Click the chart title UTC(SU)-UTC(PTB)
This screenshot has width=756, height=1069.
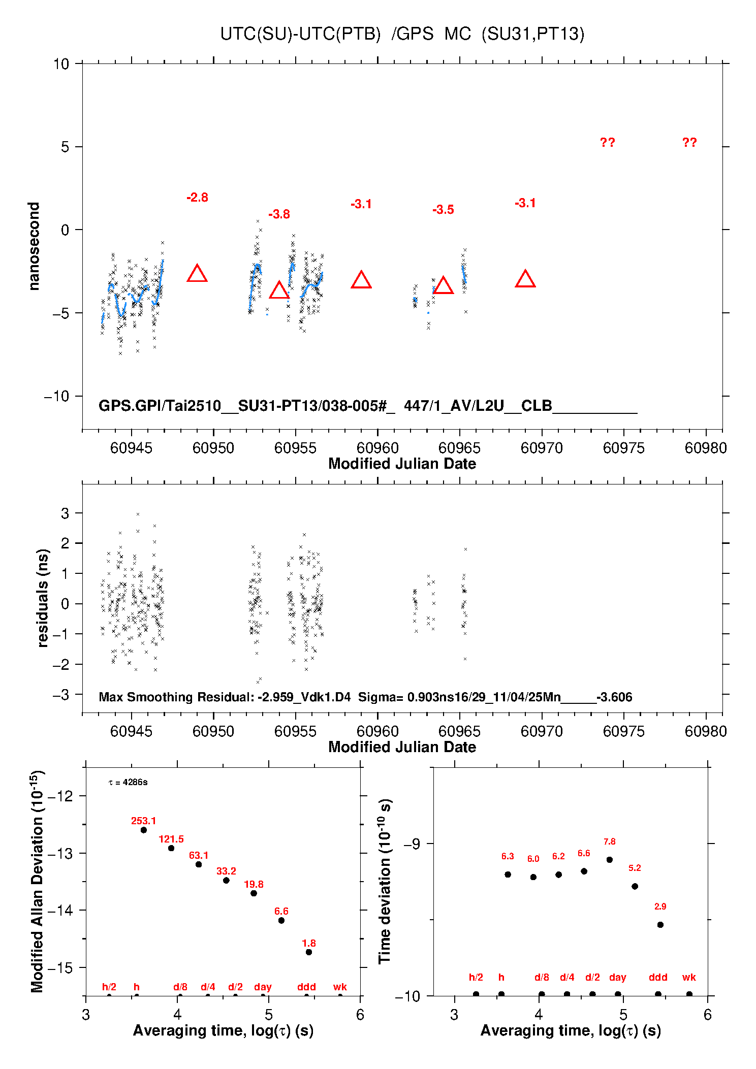pyautogui.click(x=300, y=34)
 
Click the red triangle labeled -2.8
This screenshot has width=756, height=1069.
pyautogui.click(x=197, y=274)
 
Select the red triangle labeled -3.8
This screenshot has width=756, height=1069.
pyautogui.click(x=279, y=290)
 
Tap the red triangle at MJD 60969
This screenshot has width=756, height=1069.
pyautogui.click(x=525, y=279)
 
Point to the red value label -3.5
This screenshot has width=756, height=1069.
pyautogui.click(x=443, y=210)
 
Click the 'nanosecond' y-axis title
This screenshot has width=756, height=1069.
pyautogui.click(x=34, y=246)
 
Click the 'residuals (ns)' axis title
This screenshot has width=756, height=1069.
pyautogui.click(x=43, y=598)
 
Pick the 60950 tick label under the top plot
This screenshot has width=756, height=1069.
pyautogui.click(x=213, y=448)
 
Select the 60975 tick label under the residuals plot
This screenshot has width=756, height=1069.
pyautogui.click(x=623, y=731)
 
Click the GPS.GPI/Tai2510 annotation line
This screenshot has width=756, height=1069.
pyautogui.click(x=367, y=406)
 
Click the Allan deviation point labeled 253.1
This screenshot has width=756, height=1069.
pyautogui.click(x=144, y=830)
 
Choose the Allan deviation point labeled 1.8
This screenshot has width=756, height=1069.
pyautogui.click(x=309, y=952)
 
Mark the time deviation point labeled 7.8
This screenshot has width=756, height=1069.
pyautogui.click(x=610, y=860)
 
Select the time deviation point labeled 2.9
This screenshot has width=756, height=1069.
pyautogui.click(x=660, y=925)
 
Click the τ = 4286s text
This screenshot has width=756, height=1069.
pyautogui.click(x=128, y=782)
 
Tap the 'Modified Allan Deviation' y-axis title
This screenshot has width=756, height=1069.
pyautogui.click(x=37, y=882)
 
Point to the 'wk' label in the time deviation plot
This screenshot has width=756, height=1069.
pyautogui.click(x=689, y=977)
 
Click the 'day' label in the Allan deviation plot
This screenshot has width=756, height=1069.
pyautogui.click(x=263, y=987)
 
